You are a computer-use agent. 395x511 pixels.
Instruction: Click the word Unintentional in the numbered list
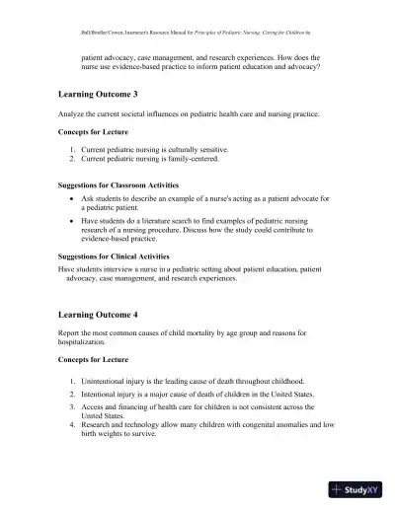tap(96, 380)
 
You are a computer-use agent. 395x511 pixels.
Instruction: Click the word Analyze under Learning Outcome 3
tap(73, 114)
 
